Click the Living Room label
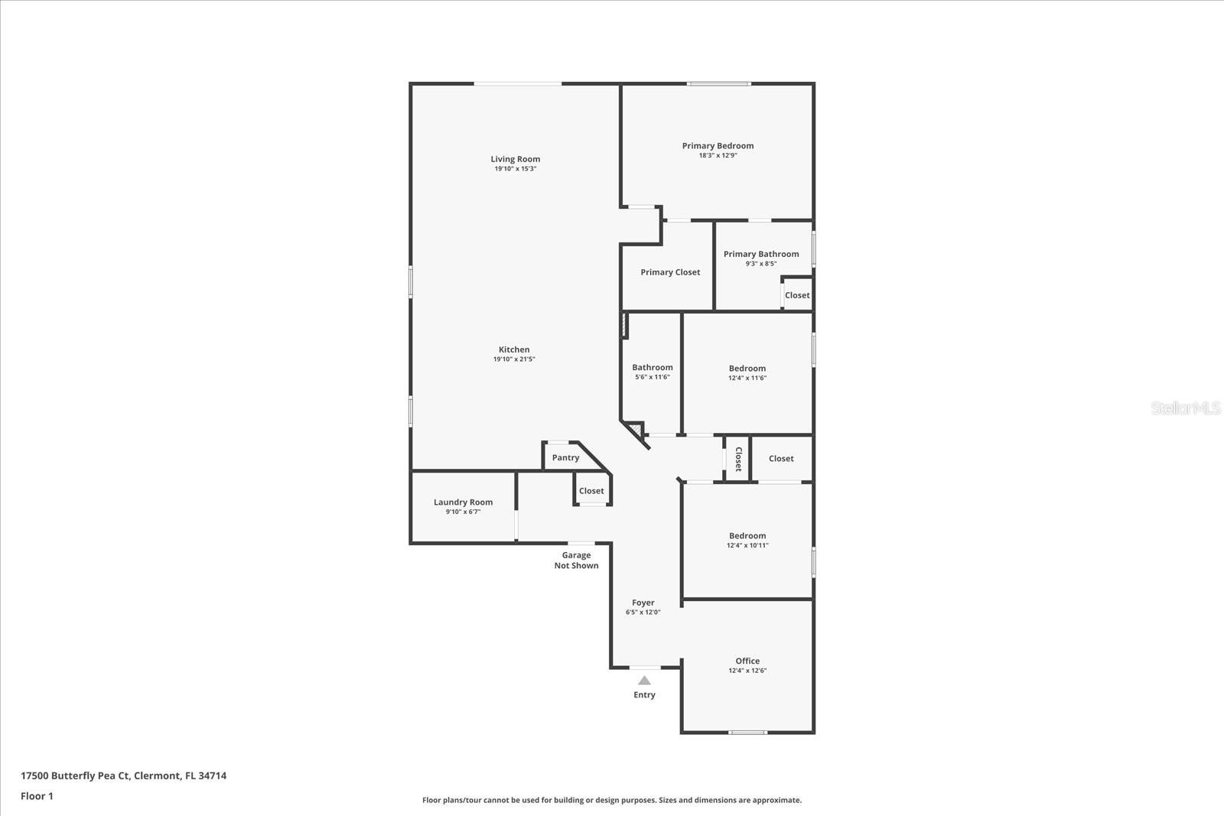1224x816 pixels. [515, 159]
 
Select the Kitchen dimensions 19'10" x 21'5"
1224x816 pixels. [514, 359]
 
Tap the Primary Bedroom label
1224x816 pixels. [718, 145]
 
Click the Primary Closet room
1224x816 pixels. [670, 272]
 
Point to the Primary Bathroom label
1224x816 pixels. [761, 254]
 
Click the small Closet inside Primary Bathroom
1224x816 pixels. [796, 295]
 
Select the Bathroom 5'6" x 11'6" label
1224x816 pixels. [653, 372]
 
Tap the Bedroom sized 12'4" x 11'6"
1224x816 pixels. [747, 372]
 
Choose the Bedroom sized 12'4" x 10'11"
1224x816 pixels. [747, 540]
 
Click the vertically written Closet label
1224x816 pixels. [738, 459]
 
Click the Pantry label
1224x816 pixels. [565, 457]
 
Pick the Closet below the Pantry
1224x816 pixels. [591, 491]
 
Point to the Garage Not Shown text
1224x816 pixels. [576, 561]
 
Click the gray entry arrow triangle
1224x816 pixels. [644, 681]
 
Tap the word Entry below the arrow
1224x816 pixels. [644, 695]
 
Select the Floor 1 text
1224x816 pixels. [37, 796]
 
